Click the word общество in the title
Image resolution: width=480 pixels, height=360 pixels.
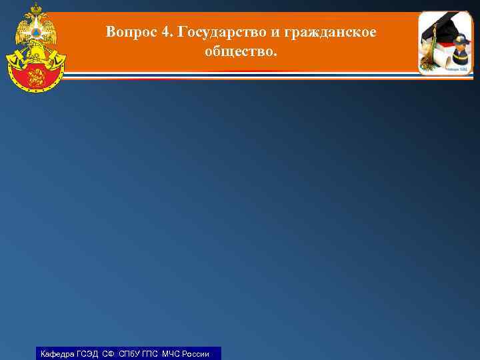(238, 51)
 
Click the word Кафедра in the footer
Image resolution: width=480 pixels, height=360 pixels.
(56, 354)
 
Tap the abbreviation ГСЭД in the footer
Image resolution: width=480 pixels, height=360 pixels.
(87, 354)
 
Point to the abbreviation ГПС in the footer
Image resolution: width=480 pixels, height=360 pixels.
(151, 354)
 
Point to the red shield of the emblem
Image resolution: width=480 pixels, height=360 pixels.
(35, 75)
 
